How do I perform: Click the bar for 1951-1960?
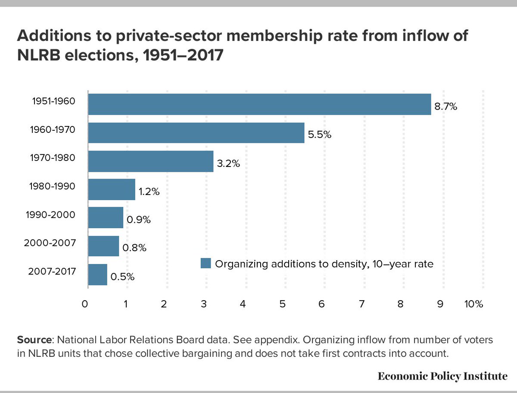tap(259, 104)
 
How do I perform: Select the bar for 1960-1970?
tap(196, 132)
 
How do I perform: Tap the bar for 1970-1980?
tap(150, 161)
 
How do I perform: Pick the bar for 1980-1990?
tap(112, 189)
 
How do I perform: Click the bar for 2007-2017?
tap(97, 274)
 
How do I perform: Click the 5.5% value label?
tap(319, 135)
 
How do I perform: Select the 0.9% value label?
tap(138, 220)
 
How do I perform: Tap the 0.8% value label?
tap(134, 248)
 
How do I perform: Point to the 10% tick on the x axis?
tap(473, 304)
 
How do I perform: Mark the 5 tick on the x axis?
tap(282, 304)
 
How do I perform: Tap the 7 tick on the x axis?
tap(361, 304)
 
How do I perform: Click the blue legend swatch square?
tap(206, 263)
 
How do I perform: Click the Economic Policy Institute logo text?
tap(442, 376)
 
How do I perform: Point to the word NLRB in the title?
tap(37, 56)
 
